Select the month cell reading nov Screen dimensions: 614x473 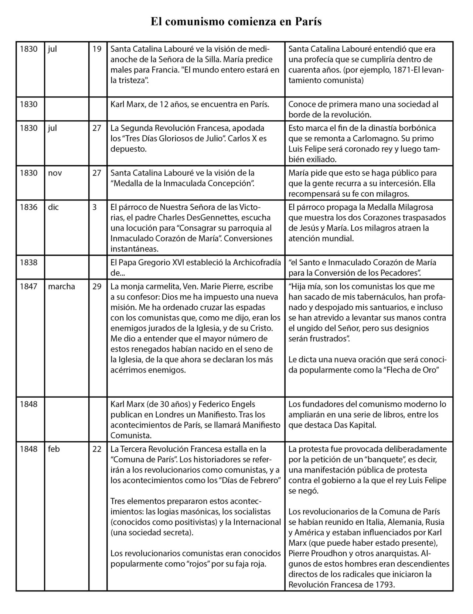click(55, 172)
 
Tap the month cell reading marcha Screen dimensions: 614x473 click(61, 286)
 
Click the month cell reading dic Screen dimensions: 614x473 click(53, 207)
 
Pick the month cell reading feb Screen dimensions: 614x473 click(54, 449)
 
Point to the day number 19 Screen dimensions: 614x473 click(97, 49)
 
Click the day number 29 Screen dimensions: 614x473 click(97, 286)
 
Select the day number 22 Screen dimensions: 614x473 click(97, 449)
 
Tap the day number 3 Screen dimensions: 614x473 click(95, 207)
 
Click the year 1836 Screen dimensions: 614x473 click(28, 207)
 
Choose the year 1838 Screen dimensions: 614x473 click(28, 262)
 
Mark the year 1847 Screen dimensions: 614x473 click(28, 286)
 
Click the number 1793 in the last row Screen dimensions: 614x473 click(384, 584)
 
